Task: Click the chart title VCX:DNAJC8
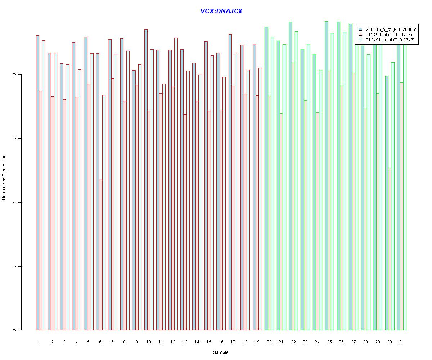[221, 11]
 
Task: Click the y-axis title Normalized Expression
[4, 177]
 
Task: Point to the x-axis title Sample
[221, 352]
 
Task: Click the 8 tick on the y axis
[14, 75]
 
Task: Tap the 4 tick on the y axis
[14, 202]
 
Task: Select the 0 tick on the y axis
[14, 330]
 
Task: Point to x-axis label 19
[257, 342]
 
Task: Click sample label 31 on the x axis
[401, 342]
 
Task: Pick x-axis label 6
[100, 342]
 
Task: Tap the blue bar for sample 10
[146, 180]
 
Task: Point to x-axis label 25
[329, 342]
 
